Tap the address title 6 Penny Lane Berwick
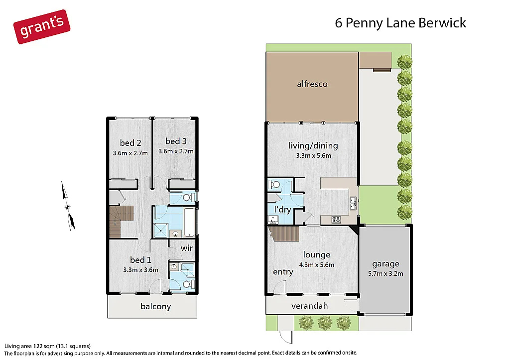400,23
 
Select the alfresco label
312,84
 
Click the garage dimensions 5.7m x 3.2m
385,273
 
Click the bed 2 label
130,143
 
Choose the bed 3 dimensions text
176,151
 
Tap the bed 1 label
140,260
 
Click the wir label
187,248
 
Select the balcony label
155,306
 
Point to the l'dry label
282,210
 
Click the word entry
283,272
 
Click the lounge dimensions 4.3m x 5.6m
316,264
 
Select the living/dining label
313,146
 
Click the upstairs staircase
121,222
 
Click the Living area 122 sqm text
47,346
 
